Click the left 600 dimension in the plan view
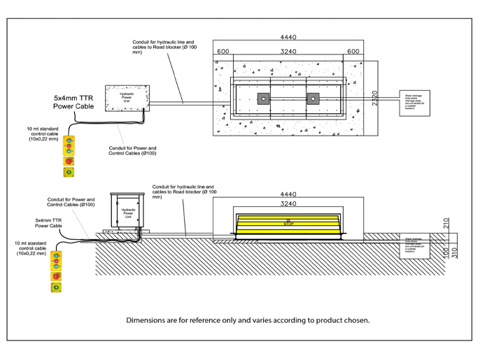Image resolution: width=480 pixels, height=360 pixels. pyautogui.click(x=223, y=51)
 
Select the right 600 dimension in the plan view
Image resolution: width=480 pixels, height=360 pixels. pyautogui.click(x=354, y=51)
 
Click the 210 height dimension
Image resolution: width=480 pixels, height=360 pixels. pyautogui.click(x=446, y=223)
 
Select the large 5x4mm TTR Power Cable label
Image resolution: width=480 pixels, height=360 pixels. pyautogui.click(x=73, y=101)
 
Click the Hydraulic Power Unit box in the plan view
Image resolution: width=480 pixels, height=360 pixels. pyautogui.click(x=127, y=98)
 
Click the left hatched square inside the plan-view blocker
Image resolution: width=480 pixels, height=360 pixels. pyautogui.click(x=264, y=98)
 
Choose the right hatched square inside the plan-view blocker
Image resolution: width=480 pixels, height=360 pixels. pyautogui.click(x=313, y=98)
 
